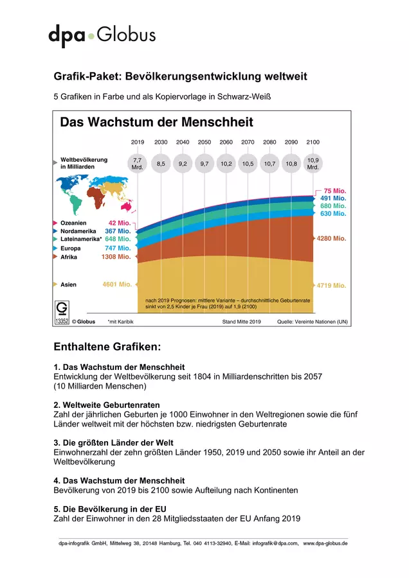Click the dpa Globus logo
click(102, 35)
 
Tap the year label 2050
click(204, 142)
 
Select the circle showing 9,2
click(183, 164)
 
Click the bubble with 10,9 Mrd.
click(313, 164)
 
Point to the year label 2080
click(269, 142)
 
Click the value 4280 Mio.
click(331, 238)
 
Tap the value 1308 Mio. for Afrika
click(116, 256)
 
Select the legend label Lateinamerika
click(80, 239)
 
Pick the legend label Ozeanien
click(73, 223)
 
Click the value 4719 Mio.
click(331, 285)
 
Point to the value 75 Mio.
click(335, 191)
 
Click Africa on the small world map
click(96, 198)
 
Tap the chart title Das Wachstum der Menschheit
click(156, 122)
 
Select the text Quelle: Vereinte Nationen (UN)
click(313, 322)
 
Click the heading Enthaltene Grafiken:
click(107, 347)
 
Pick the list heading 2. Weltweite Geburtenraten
click(107, 405)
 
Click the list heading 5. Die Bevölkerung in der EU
click(110, 509)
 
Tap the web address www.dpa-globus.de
click(325, 543)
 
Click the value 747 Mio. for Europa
click(118, 248)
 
